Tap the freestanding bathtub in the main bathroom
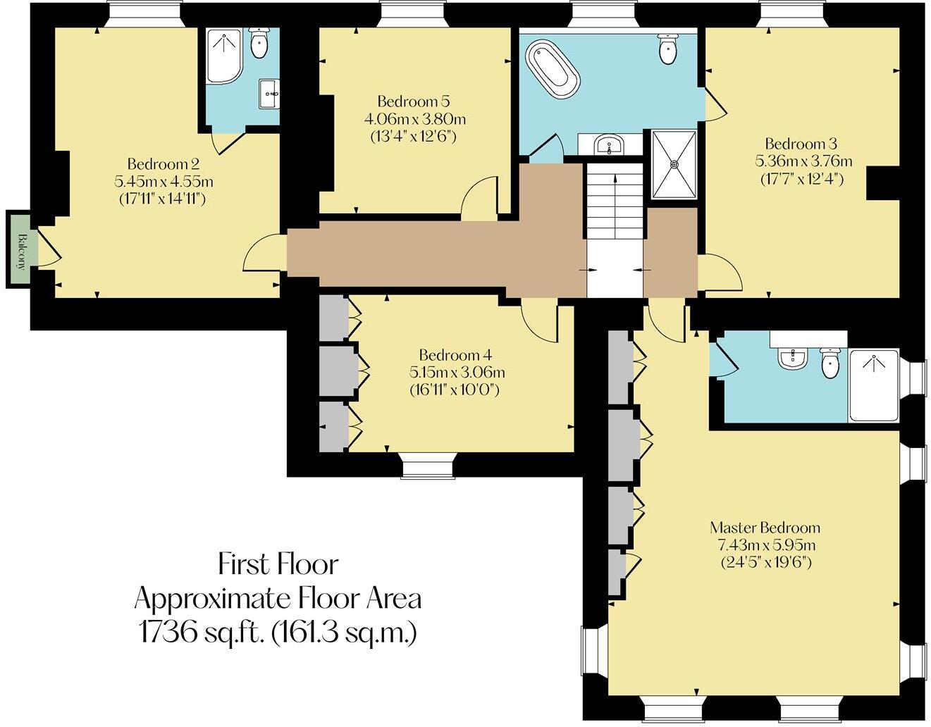[x=554, y=68]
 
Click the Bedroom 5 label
[x=413, y=101]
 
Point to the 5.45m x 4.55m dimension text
[x=164, y=182]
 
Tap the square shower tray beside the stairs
[x=674, y=164]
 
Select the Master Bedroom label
[x=765, y=528]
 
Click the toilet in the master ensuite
[x=831, y=362]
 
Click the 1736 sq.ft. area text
[x=278, y=633]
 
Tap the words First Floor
[x=278, y=564]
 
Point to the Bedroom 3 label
[x=801, y=144]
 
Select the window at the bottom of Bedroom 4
[x=428, y=466]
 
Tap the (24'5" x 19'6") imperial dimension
[x=765, y=563]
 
